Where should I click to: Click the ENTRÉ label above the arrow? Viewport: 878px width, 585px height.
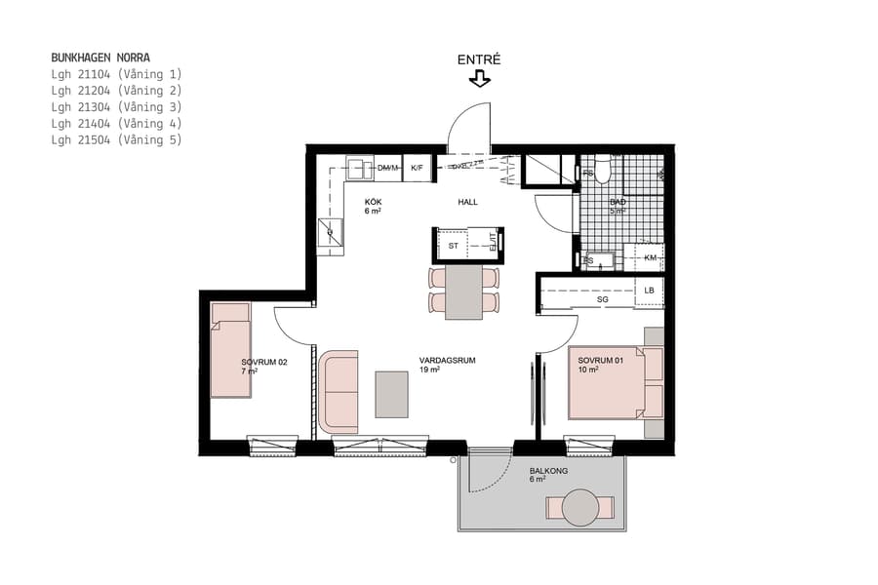[x=479, y=59]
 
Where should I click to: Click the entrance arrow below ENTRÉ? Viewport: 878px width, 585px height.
[x=479, y=79]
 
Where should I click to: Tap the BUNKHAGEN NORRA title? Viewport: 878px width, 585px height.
[x=100, y=58]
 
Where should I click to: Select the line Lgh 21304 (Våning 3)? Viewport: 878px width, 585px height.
[x=116, y=107]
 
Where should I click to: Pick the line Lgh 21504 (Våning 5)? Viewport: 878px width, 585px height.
[x=116, y=140]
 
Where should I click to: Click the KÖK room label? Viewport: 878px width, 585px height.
[x=373, y=201]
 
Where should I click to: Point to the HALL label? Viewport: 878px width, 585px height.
[x=468, y=202]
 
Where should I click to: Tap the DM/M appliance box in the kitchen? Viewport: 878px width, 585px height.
[x=388, y=169]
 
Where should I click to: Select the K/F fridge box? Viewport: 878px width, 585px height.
[x=418, y=169]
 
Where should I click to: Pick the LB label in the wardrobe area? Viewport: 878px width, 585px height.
[x=649, y=291]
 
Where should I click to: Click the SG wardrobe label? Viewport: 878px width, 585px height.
[x=602, y=300]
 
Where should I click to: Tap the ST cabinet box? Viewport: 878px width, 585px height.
[x=454, y=247]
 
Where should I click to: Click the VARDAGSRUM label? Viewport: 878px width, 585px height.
[x=447, y=361]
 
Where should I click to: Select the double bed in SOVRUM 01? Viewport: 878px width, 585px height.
[x=615, y=382]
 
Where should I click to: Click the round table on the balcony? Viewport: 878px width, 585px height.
[x=580, y=507]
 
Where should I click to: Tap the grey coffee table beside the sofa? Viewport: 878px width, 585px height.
[x=392, y=394]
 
